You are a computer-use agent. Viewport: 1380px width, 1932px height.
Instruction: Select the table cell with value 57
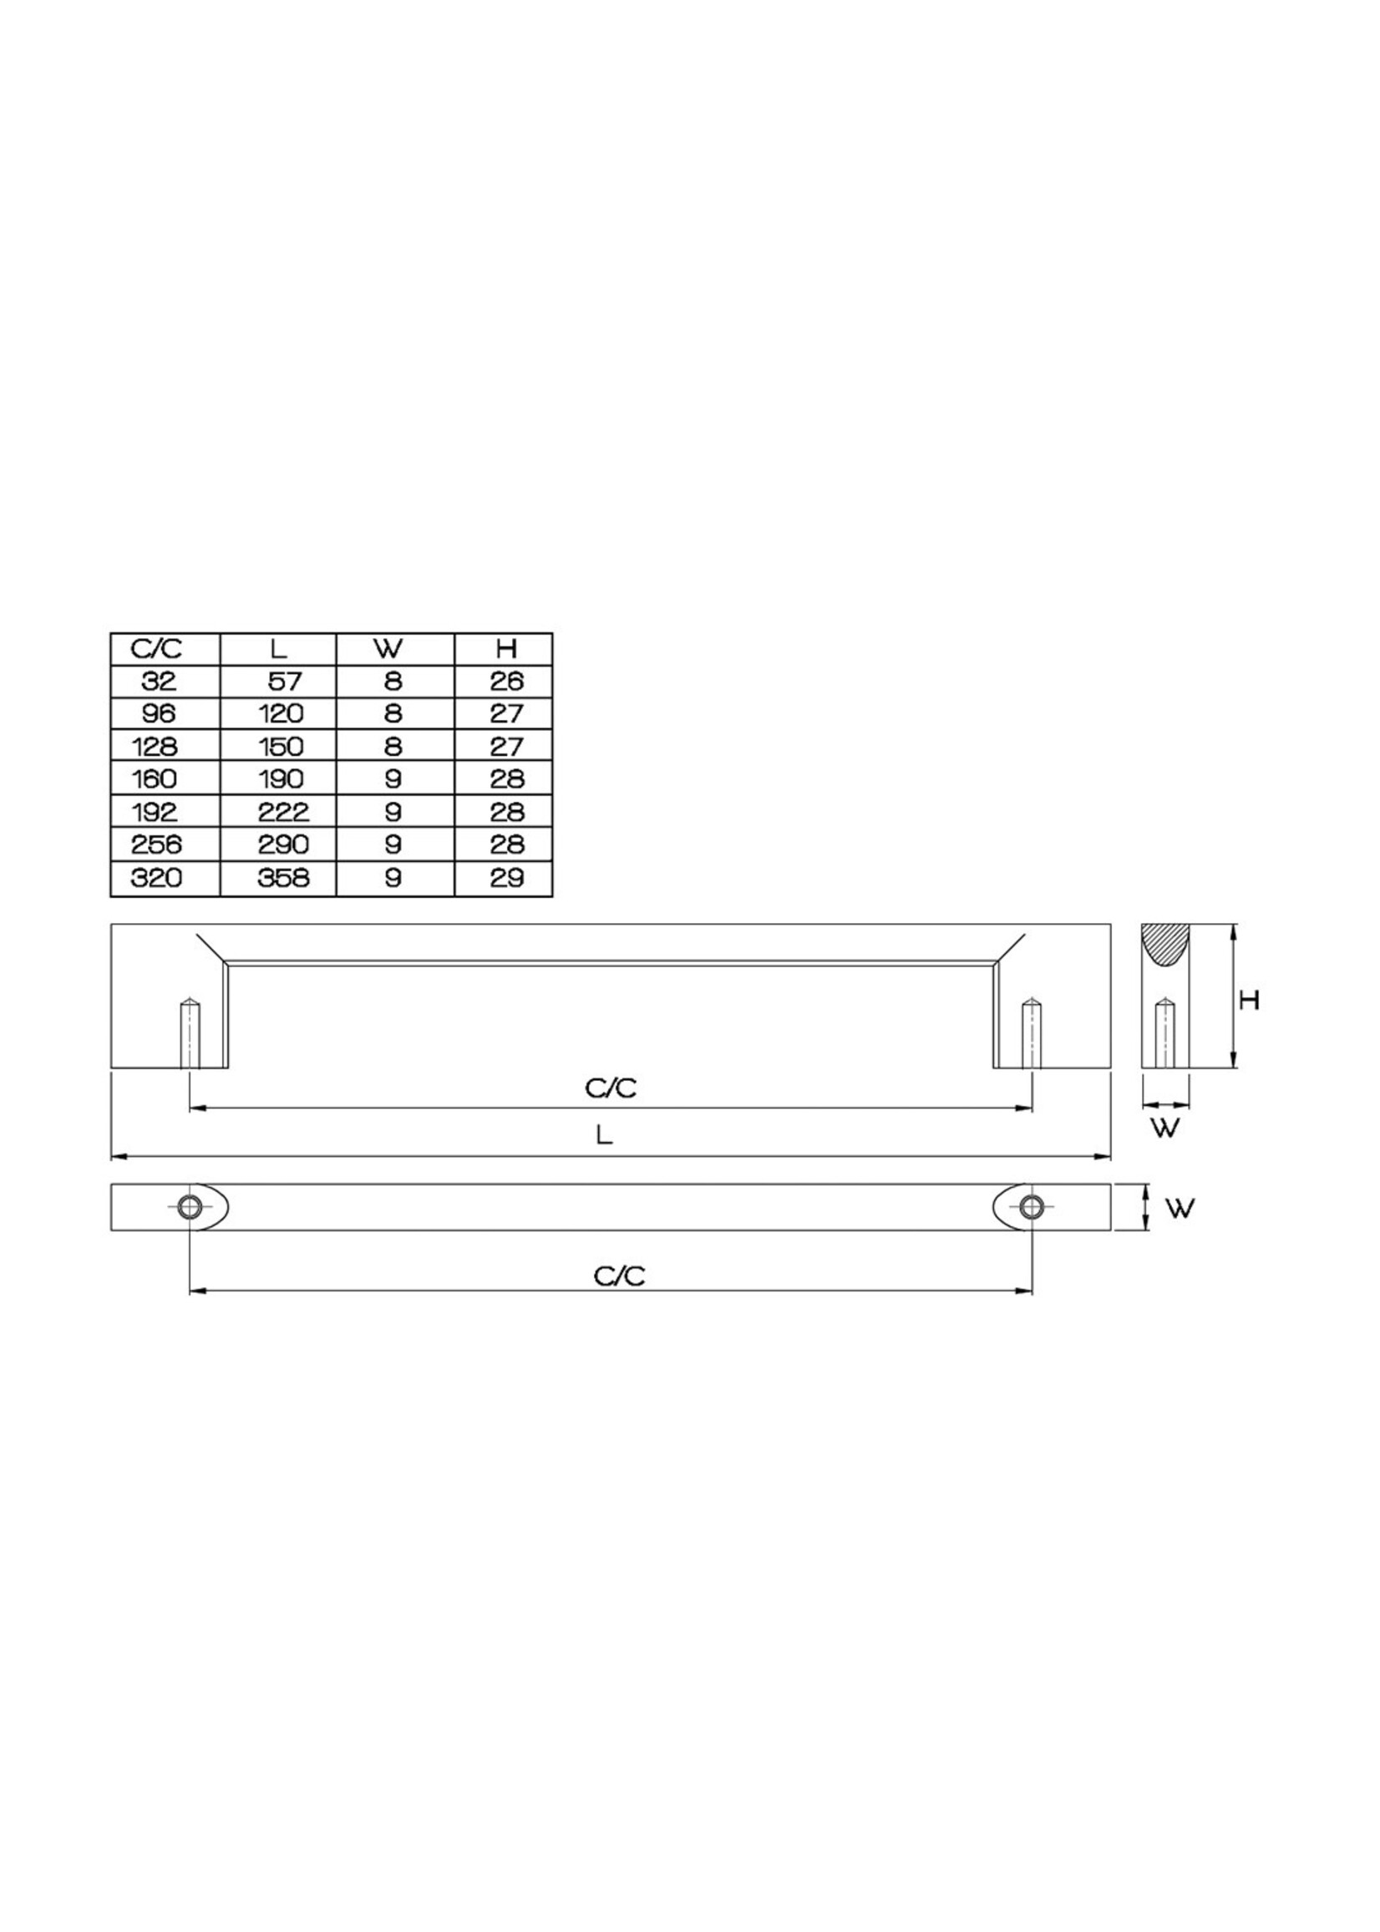pyautogui.click(x=285, y=682)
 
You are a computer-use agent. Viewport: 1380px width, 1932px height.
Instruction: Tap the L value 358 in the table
pyautogui.click(x=283, y=878)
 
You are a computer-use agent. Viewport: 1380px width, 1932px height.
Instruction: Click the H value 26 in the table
pyautogui.click(x=506, y=682)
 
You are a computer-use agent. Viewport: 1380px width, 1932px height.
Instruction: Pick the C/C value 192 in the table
pyautogui.click(x=155, y=812)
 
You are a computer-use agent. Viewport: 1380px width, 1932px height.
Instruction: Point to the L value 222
pyautogui.click(x=283, y=812)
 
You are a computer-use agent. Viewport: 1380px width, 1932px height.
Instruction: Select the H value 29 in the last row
pyautogui.click(x=506, y=878)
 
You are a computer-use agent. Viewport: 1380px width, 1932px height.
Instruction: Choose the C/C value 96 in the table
pyautogui.click(x=156, y=713)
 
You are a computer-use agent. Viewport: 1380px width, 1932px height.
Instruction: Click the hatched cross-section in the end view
pyautogui.click(x=1165, y=943)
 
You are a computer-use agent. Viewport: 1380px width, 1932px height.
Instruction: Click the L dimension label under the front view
pyautogui.click(x=604, y=1135)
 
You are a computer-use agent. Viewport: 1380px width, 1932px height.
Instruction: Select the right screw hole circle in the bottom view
pyautogui.click(x=1032, y=1206)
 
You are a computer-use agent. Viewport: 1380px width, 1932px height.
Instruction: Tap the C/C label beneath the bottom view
pyautogui.click(x=619, y=1276)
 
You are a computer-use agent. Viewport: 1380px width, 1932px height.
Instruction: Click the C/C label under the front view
pyautogui.click(x=610, y=1088)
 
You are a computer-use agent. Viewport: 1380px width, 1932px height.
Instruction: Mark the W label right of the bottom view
pyautogui.click(x=1180, y=1207)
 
